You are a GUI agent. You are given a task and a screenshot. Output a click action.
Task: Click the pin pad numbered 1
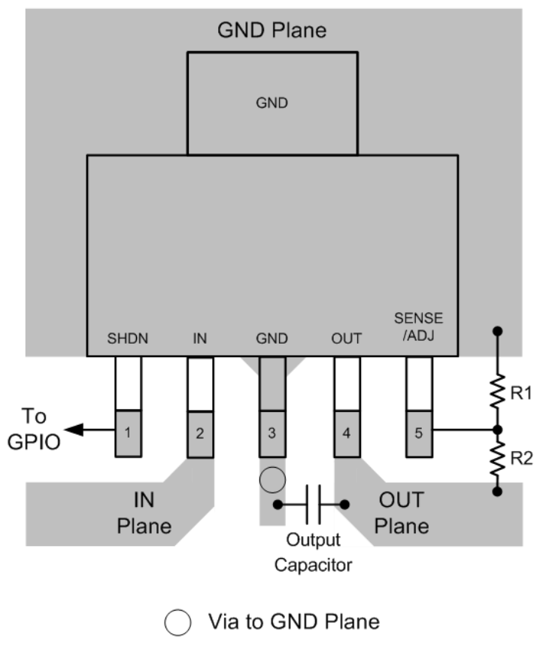point(128,433)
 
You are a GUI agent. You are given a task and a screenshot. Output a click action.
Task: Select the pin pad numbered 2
point(199,434)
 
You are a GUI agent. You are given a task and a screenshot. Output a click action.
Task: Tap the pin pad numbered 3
point(272,434)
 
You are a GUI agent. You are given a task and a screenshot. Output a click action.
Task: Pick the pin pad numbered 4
point(346,434)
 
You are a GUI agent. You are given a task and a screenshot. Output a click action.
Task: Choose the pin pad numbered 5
point(418,433)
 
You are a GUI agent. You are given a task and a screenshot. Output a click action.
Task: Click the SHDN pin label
point(128,339)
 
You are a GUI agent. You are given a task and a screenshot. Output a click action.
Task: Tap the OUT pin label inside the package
point(346,339)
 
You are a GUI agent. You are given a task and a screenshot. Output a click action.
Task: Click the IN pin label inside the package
point(199,339)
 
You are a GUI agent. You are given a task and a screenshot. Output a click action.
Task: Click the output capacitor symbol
point(312,504)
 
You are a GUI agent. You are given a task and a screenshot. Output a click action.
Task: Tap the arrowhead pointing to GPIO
point(73,430)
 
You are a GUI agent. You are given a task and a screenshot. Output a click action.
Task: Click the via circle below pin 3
point(271,478)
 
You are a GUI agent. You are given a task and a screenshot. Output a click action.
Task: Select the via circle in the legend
point(178,621)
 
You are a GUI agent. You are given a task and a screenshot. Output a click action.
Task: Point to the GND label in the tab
point(272,105)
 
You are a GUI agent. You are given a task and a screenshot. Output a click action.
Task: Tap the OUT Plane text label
point(402,511)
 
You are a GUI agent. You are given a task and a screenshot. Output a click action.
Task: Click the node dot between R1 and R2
point(496,429)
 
